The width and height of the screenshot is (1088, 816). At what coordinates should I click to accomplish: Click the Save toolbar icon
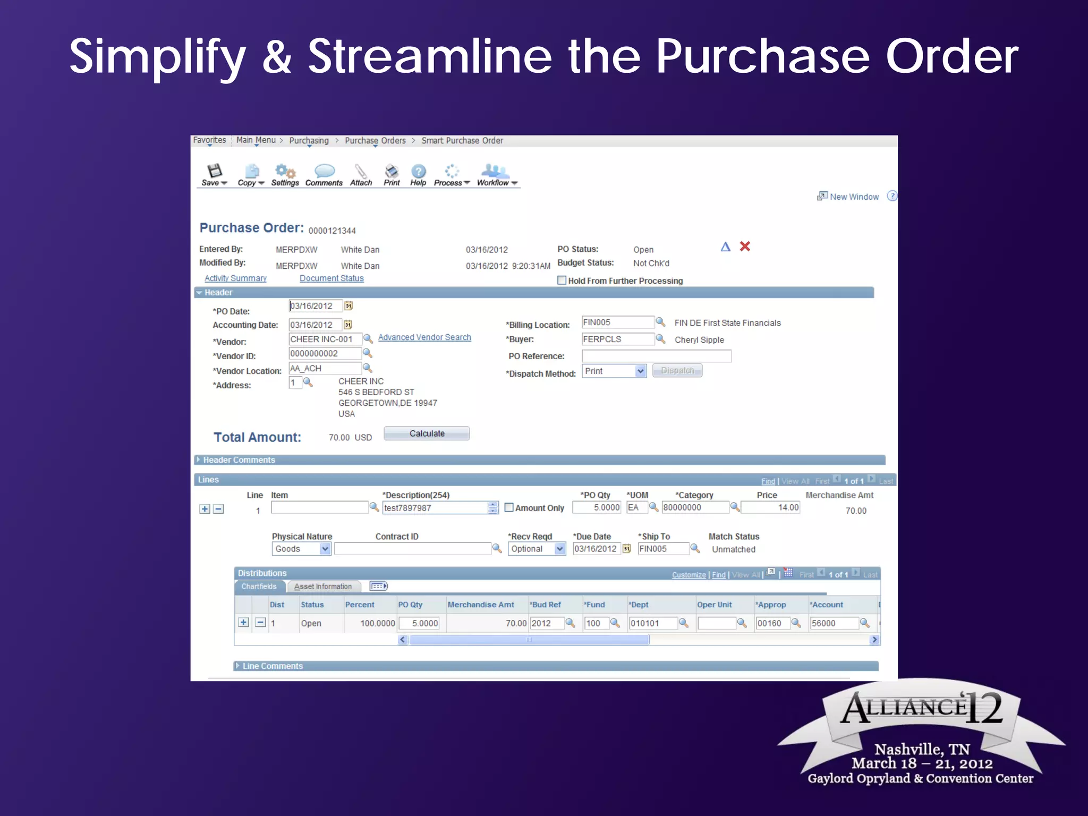pos(214,172)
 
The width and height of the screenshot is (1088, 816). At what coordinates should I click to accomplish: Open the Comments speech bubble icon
pos(324,171)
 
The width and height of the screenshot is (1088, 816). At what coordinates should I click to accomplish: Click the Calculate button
pos(427,433)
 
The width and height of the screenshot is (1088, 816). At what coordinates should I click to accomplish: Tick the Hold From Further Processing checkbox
pos(562,280)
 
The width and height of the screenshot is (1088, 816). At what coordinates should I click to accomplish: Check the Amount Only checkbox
pos(509,507)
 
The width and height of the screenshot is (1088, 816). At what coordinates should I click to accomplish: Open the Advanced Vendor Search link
pos(424,337)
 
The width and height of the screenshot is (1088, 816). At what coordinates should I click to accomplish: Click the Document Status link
pos(331,278)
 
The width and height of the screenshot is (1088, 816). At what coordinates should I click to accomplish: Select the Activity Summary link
pos(235,278)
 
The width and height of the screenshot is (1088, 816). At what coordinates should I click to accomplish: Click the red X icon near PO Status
pos(745,246)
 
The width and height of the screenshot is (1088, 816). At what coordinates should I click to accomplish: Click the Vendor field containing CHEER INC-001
pos(325,339)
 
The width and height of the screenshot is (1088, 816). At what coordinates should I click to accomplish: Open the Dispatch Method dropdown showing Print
pos(614,371)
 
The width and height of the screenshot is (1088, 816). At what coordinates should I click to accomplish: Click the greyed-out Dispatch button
pos(677,370)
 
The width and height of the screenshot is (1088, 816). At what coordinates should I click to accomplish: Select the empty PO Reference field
pos(656,356)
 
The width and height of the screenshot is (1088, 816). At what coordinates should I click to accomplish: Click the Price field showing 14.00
pos(770,507)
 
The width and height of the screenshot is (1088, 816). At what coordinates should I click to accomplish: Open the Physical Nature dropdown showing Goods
pos(301,549)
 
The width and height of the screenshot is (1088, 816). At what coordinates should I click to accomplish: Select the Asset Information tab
pos(323,586)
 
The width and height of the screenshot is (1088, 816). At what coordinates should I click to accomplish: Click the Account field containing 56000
pos(833,623)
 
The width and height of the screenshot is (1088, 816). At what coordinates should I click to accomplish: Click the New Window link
pos(854,197)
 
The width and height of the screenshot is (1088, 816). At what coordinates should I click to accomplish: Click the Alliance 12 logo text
pos(922,708)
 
